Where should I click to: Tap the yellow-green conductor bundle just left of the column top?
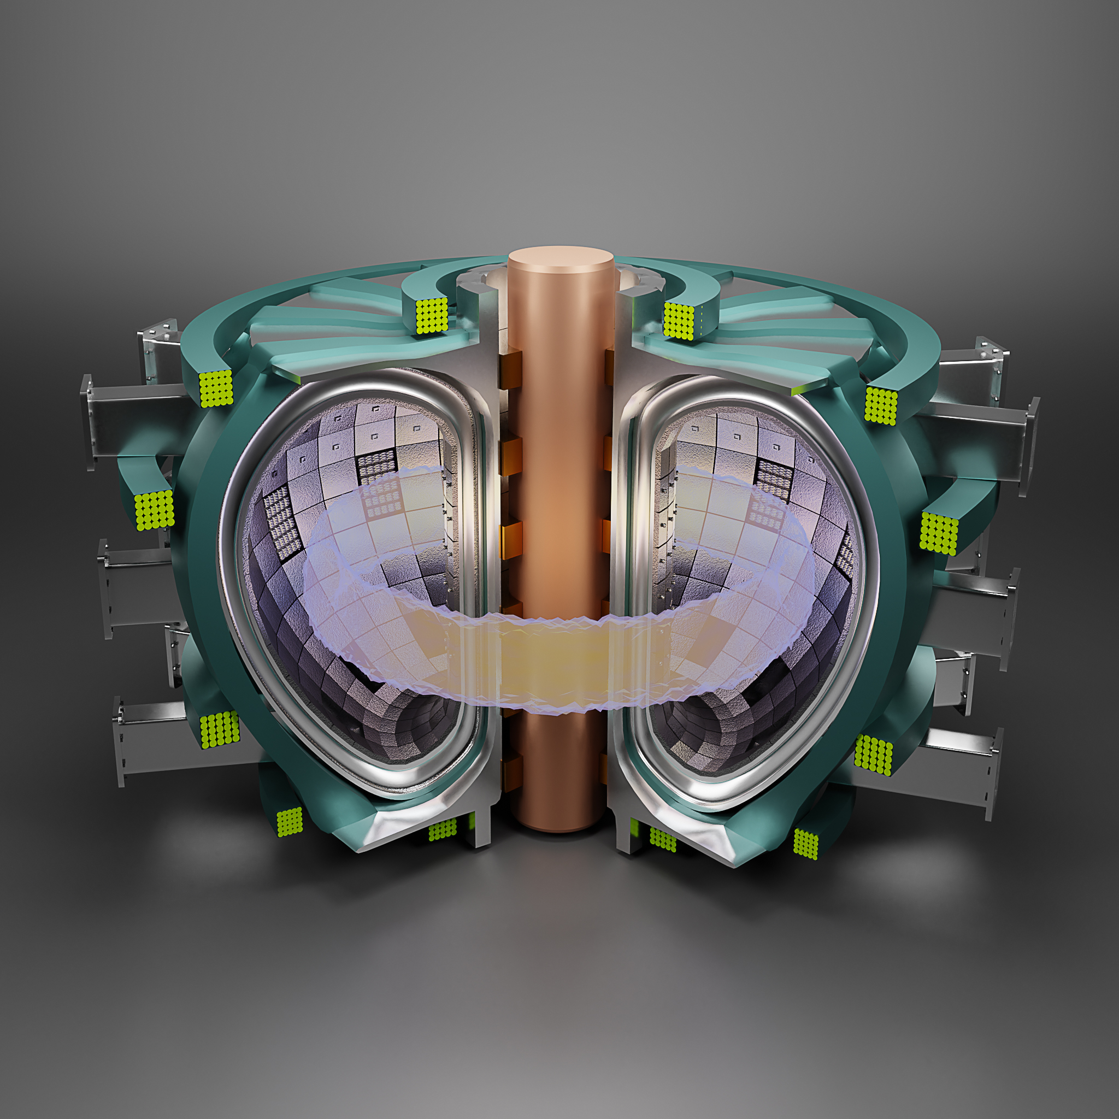(x=432, y=316)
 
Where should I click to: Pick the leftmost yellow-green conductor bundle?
(x=155, y=510)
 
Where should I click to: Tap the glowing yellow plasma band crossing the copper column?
(x=559, y=664)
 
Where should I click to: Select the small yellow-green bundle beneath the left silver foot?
(x=442, y=831)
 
